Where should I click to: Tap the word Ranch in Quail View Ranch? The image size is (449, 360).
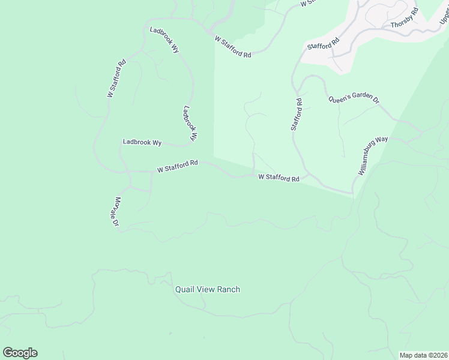coord(230,290)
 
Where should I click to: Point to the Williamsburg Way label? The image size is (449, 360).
coord(373,156)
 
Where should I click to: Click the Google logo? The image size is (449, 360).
coord(20,353)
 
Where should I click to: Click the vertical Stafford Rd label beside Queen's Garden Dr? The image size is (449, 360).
coord(297,115)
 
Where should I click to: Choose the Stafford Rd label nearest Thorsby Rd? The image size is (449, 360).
coord(323,44)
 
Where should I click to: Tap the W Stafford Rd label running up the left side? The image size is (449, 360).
coord(116,79)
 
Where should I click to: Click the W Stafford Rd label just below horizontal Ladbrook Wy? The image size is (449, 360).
coord(178,166)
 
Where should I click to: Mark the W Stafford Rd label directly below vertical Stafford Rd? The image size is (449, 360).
coord(279,178)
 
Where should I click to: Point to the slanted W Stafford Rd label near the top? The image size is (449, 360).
coord(233,46)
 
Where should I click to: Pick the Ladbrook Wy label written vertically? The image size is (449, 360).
coord(190,124)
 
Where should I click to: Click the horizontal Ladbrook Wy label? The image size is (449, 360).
coord(142,142)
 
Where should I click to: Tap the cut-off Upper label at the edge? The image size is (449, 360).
coord(444,19)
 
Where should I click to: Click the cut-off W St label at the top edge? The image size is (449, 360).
coord(307,3)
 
